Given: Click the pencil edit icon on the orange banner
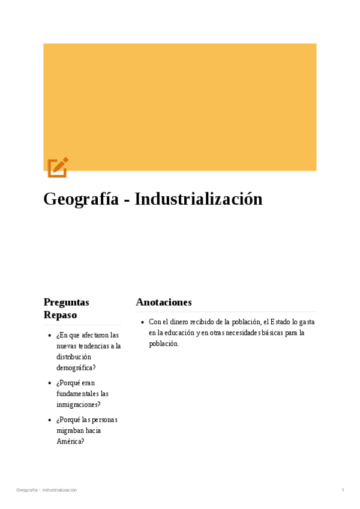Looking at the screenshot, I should coord(58,167).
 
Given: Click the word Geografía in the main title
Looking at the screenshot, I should coord(80,199).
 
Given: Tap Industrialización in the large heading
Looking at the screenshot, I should coord(199,199).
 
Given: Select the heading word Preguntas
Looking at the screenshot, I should coord(66,302).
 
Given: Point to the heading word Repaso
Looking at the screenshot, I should coord(60,315).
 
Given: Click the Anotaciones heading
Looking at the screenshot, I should coord(164,302).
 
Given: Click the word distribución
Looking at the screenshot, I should coord(74,357).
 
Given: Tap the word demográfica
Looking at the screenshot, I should coord(76,367).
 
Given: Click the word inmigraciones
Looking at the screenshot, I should coord(78,405).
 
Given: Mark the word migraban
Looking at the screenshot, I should coord(70,430).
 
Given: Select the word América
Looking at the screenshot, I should coord(70,441).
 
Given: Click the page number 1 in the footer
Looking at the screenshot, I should coord(343,490).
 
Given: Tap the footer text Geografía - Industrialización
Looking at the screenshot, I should coord(47,490).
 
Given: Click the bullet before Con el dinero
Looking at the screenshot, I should coord(142,322).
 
